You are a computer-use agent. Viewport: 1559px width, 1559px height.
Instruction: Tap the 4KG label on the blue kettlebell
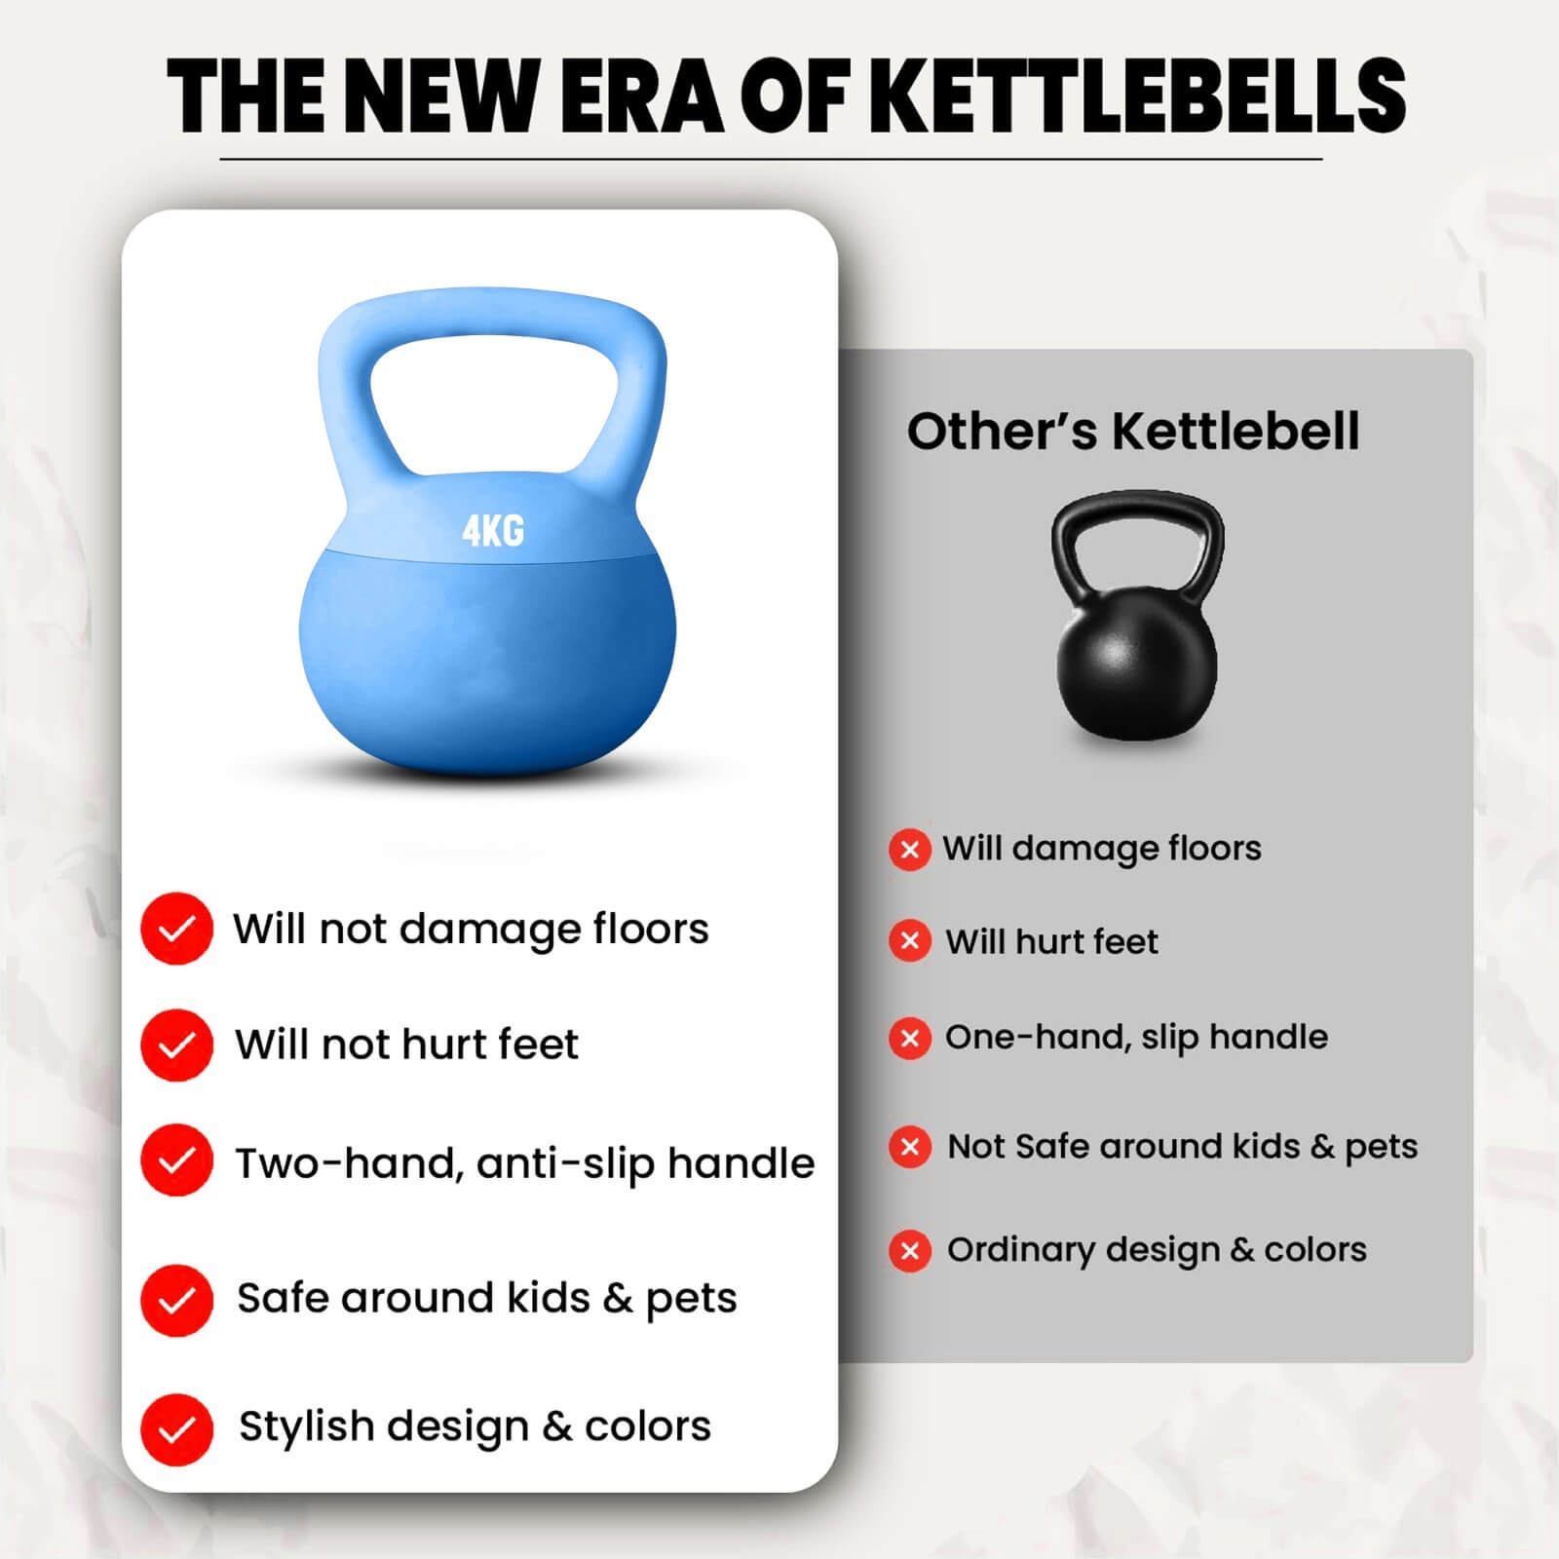(x=493, y=531)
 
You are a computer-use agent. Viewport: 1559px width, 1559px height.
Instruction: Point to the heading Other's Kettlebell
(x=1132, y=432)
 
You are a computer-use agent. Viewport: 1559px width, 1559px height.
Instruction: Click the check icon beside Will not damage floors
(x=176, y=929)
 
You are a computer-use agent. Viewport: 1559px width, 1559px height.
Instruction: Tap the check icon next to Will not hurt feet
(x=176, y=1046)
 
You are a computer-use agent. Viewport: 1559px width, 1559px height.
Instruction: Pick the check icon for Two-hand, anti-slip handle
(x=176, y=1160)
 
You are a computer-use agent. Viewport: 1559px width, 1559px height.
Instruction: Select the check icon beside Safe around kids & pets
(x=176, y=1300)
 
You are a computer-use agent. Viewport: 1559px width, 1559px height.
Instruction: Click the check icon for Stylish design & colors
(x=176, y=1429)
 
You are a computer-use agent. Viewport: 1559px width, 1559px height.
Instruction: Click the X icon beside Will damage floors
(x=910, y=850)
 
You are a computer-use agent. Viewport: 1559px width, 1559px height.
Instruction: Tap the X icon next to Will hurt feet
(x=910, y=941)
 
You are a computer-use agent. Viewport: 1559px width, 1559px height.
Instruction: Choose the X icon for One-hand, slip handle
(x=910, y=1039)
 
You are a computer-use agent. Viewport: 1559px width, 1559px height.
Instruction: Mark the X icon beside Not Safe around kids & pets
(x=910, y=1147)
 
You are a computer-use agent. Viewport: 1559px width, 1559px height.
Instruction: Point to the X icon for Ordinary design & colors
(x=910, y=1250)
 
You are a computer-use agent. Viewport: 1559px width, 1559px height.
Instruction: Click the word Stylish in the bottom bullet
(x=307, y=1427)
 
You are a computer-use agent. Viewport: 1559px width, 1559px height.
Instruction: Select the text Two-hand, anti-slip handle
(x=525, y=1163)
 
